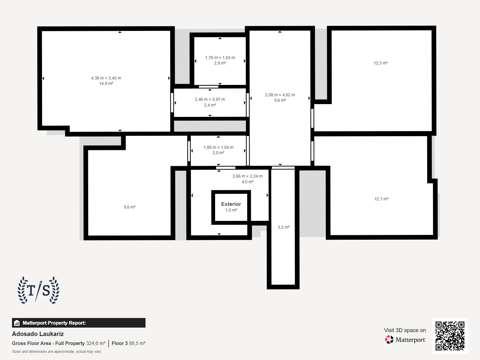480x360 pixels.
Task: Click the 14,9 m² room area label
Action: (106, 83)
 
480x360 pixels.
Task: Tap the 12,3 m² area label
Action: (380, 63)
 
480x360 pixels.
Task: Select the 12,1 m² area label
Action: (381, 199)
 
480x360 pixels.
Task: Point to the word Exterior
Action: (231, 204)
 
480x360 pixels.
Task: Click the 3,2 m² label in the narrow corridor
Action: (283, 227)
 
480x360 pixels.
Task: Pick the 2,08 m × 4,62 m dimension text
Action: (280, 95)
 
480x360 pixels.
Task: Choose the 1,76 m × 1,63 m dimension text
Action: (220, 58)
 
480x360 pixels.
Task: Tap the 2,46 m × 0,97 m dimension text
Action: (210, 100)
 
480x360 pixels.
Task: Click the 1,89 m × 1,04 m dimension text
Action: (218, 147)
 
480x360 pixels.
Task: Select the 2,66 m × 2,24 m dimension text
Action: (247, 176)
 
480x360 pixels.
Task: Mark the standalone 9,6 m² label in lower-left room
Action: (130, 207)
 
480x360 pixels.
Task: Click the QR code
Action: (450, 336)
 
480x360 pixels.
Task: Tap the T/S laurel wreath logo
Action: (38, 290)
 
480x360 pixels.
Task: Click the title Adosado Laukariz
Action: (38, 334)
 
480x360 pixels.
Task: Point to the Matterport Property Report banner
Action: (79, 323)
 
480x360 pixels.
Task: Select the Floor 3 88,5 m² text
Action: (129, 343)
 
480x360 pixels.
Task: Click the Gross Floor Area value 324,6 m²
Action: (96, 343)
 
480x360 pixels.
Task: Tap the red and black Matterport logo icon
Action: (389, 340)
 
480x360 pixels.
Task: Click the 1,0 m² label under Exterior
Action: (231, 210)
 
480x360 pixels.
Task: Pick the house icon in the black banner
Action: (17, 323)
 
